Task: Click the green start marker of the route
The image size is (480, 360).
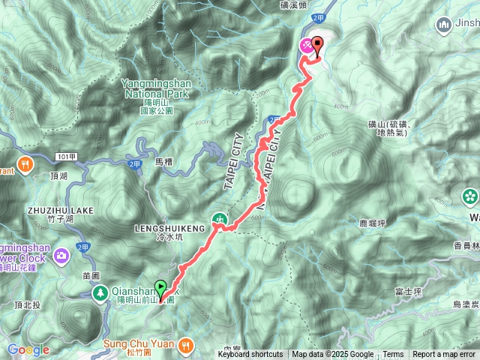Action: pyautogui.click(x=160, y=286)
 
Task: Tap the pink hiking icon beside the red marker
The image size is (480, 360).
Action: pyautogui.click(x=306, y=46)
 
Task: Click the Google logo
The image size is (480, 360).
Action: pyautogui.click(x=28, y=349)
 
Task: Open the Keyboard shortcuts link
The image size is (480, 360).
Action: pyautogui.click(x=250, y=355)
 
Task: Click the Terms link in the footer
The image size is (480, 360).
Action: pyautogui.click(x=393, y=355)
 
